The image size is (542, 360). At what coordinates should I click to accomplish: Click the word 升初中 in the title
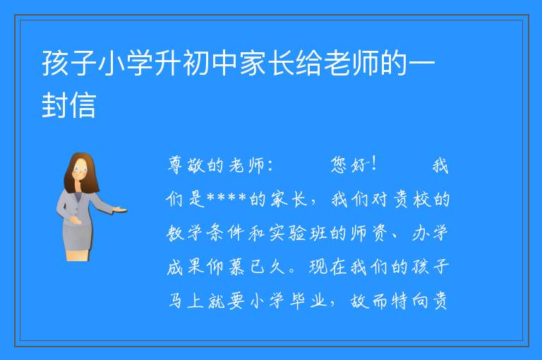[x=196, y=64]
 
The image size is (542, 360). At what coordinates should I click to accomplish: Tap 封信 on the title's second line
[x=68, y=105]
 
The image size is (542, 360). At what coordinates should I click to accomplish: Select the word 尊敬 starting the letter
[x=186, y=165]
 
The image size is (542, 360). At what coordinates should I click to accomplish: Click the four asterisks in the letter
[x=227, y=198]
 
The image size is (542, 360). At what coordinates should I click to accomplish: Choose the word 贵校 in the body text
[x=411, y=199]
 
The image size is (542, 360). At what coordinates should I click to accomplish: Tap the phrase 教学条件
[x=207, y=233]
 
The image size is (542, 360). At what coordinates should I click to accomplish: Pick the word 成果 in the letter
[x=186, y=267]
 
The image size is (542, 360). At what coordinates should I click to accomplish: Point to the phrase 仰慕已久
[x=246, y=267]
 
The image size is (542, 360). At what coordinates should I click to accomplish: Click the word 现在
[x=327, y=267]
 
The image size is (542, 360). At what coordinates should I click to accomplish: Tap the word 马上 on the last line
[x=186, y=301]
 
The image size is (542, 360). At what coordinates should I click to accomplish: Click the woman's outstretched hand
[x=121, y=209]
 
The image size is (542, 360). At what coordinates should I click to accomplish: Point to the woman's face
[x=80, y=171]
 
